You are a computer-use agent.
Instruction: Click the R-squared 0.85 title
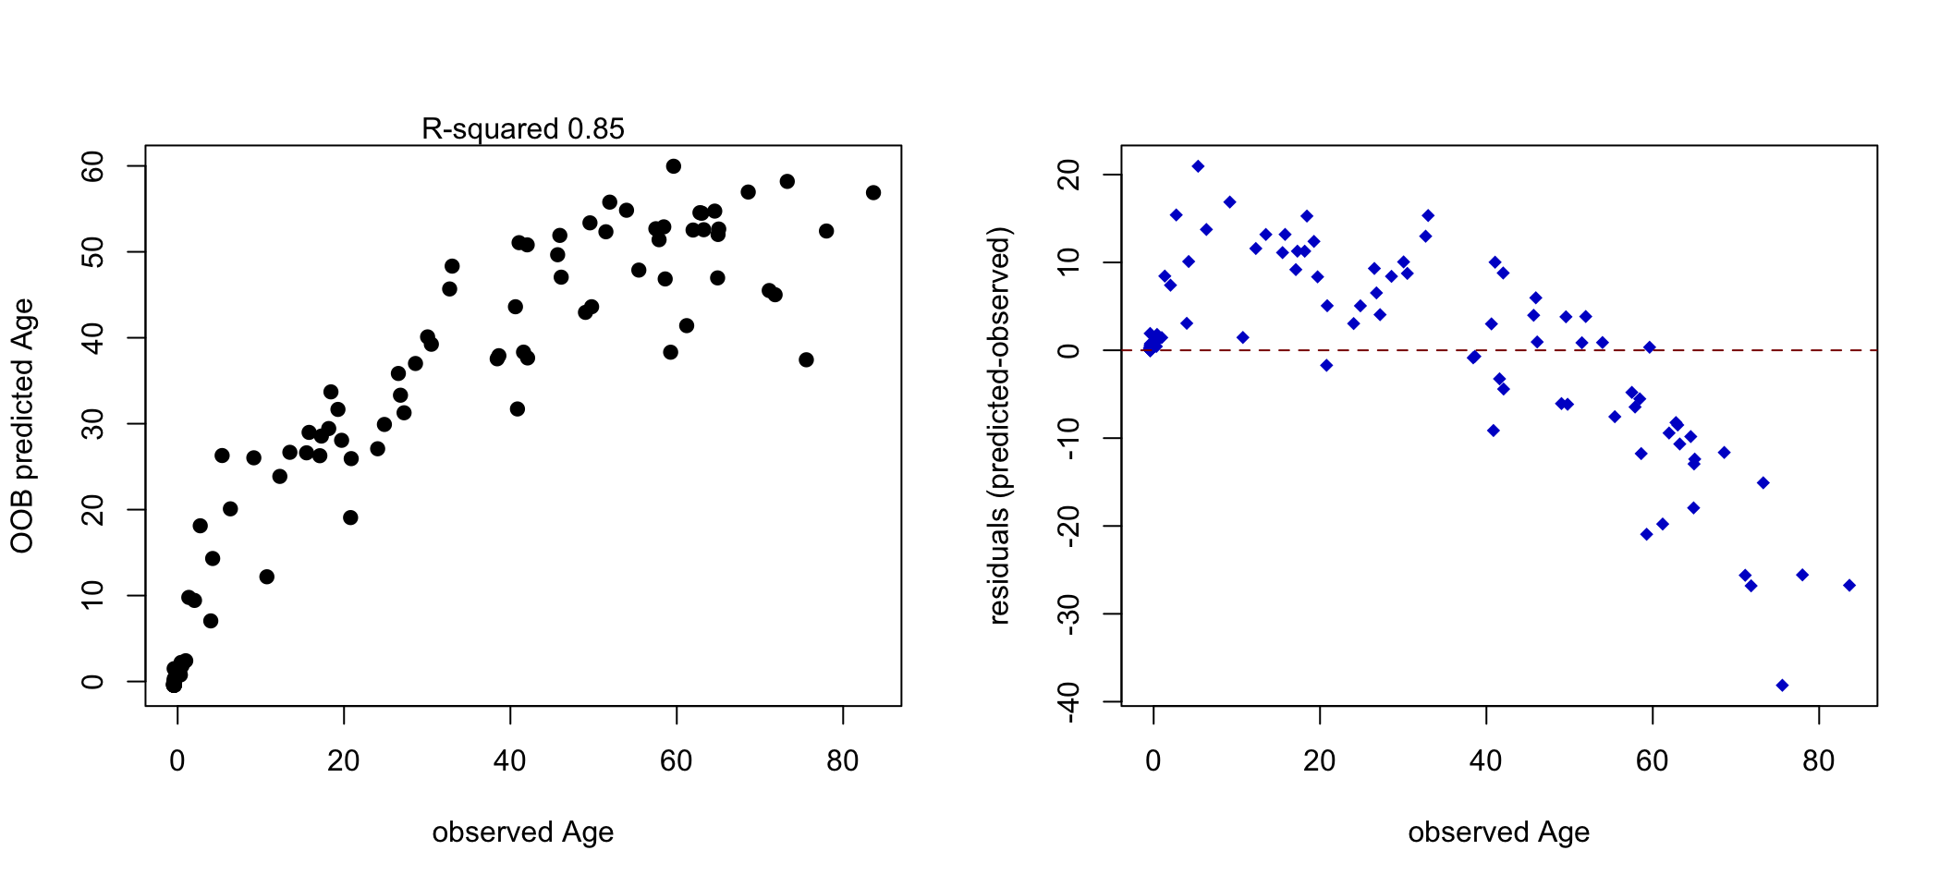[522, 129]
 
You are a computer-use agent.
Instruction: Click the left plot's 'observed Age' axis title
[522, 832]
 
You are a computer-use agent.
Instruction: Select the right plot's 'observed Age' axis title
[1498, 832]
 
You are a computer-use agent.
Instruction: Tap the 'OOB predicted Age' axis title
[22, 426]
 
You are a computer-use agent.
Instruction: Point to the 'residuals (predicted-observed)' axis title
[999, 426]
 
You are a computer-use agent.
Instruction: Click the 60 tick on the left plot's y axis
[93, 166]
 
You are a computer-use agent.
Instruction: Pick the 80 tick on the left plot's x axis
[842, 761]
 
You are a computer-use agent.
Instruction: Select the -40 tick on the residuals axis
[1069, 701]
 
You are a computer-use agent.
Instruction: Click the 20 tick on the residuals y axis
[1069, 175]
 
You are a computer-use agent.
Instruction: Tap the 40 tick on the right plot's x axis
[1485, 761]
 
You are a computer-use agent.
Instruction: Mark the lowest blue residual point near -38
[1782, 686]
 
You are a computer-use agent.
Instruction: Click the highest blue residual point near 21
[1198, 166]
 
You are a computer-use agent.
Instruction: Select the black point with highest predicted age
[674, 166]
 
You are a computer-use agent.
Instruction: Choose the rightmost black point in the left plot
[873, 192]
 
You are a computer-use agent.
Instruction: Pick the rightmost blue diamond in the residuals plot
[1849, 585]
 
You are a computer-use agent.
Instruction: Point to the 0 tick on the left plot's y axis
[93, 682]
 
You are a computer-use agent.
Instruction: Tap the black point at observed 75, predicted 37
[806, 359]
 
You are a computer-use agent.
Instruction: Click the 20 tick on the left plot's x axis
[343, 761]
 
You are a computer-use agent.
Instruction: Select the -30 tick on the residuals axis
[1069, 614]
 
